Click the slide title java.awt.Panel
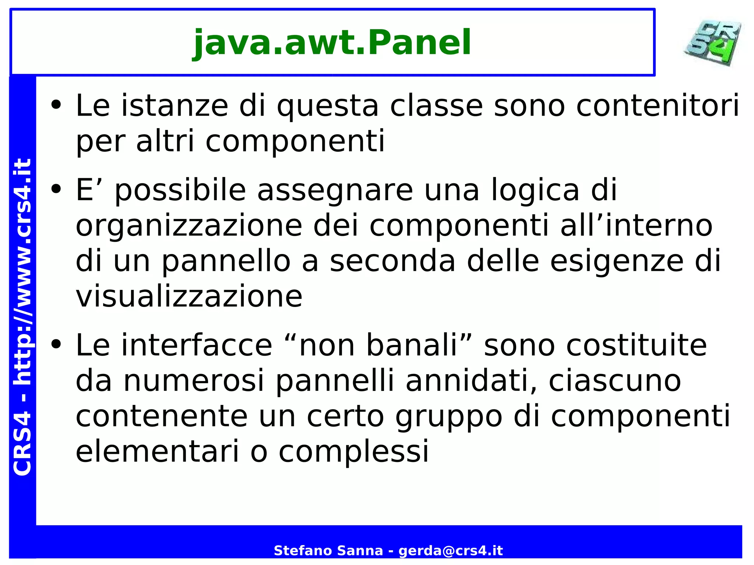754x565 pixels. [332, 43]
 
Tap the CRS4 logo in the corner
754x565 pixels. [713, 43]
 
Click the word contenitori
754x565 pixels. [658, 106]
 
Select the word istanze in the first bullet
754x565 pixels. [175, 106]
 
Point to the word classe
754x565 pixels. [436, 106]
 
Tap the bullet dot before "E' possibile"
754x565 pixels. [56, 189]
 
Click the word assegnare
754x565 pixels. [335, 191]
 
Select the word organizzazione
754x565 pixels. [189, 226]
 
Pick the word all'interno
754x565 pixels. [637, 225]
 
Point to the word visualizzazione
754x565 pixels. [189, 297]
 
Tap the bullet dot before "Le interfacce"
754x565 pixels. [56, 345]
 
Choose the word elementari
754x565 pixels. [158, 451]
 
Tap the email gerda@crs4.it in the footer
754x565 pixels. [451, 551]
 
